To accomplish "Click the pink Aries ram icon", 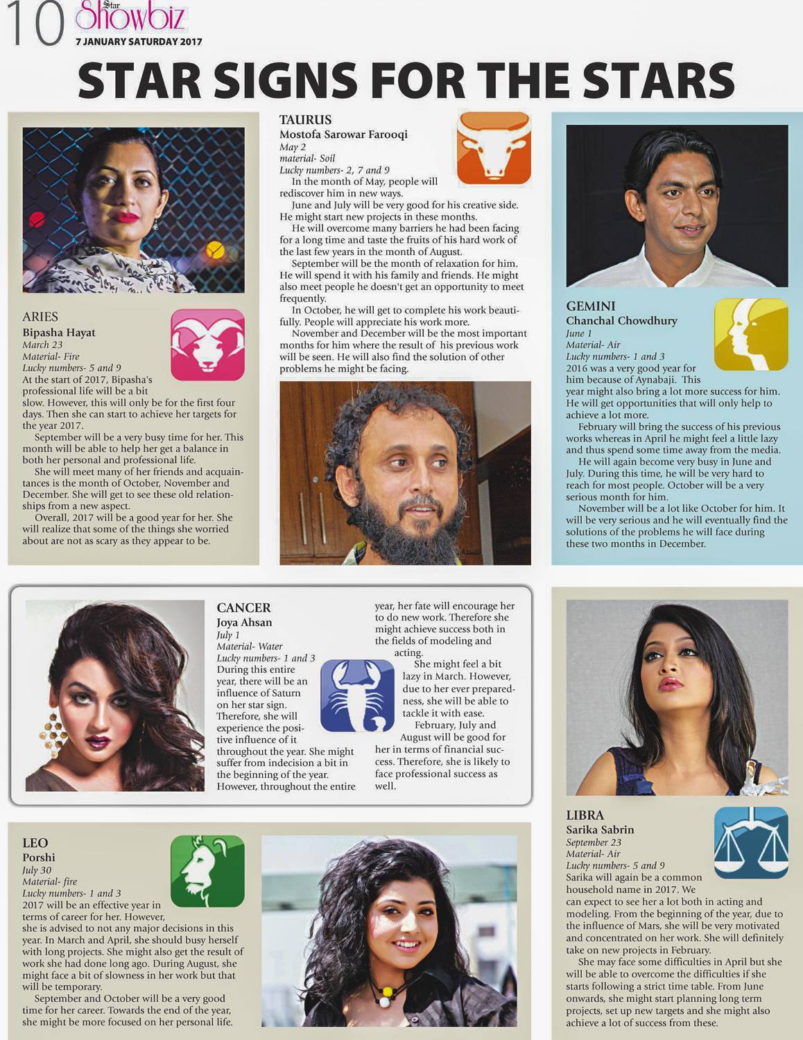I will point(207,345).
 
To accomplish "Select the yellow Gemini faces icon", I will point(751,334).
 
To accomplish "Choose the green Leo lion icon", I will point(207,871).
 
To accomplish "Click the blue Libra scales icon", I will point(751,843).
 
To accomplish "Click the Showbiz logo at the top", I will point(130,17).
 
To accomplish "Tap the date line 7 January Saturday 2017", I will point(139,42).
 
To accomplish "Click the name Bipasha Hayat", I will point(59,332).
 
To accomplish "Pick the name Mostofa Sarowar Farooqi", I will point(343,135).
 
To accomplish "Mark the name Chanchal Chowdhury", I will point(621,320).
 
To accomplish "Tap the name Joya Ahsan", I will point(244,622).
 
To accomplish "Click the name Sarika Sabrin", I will point(600,829).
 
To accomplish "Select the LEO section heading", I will point(35,842).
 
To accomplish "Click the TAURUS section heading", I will point(305,119).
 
